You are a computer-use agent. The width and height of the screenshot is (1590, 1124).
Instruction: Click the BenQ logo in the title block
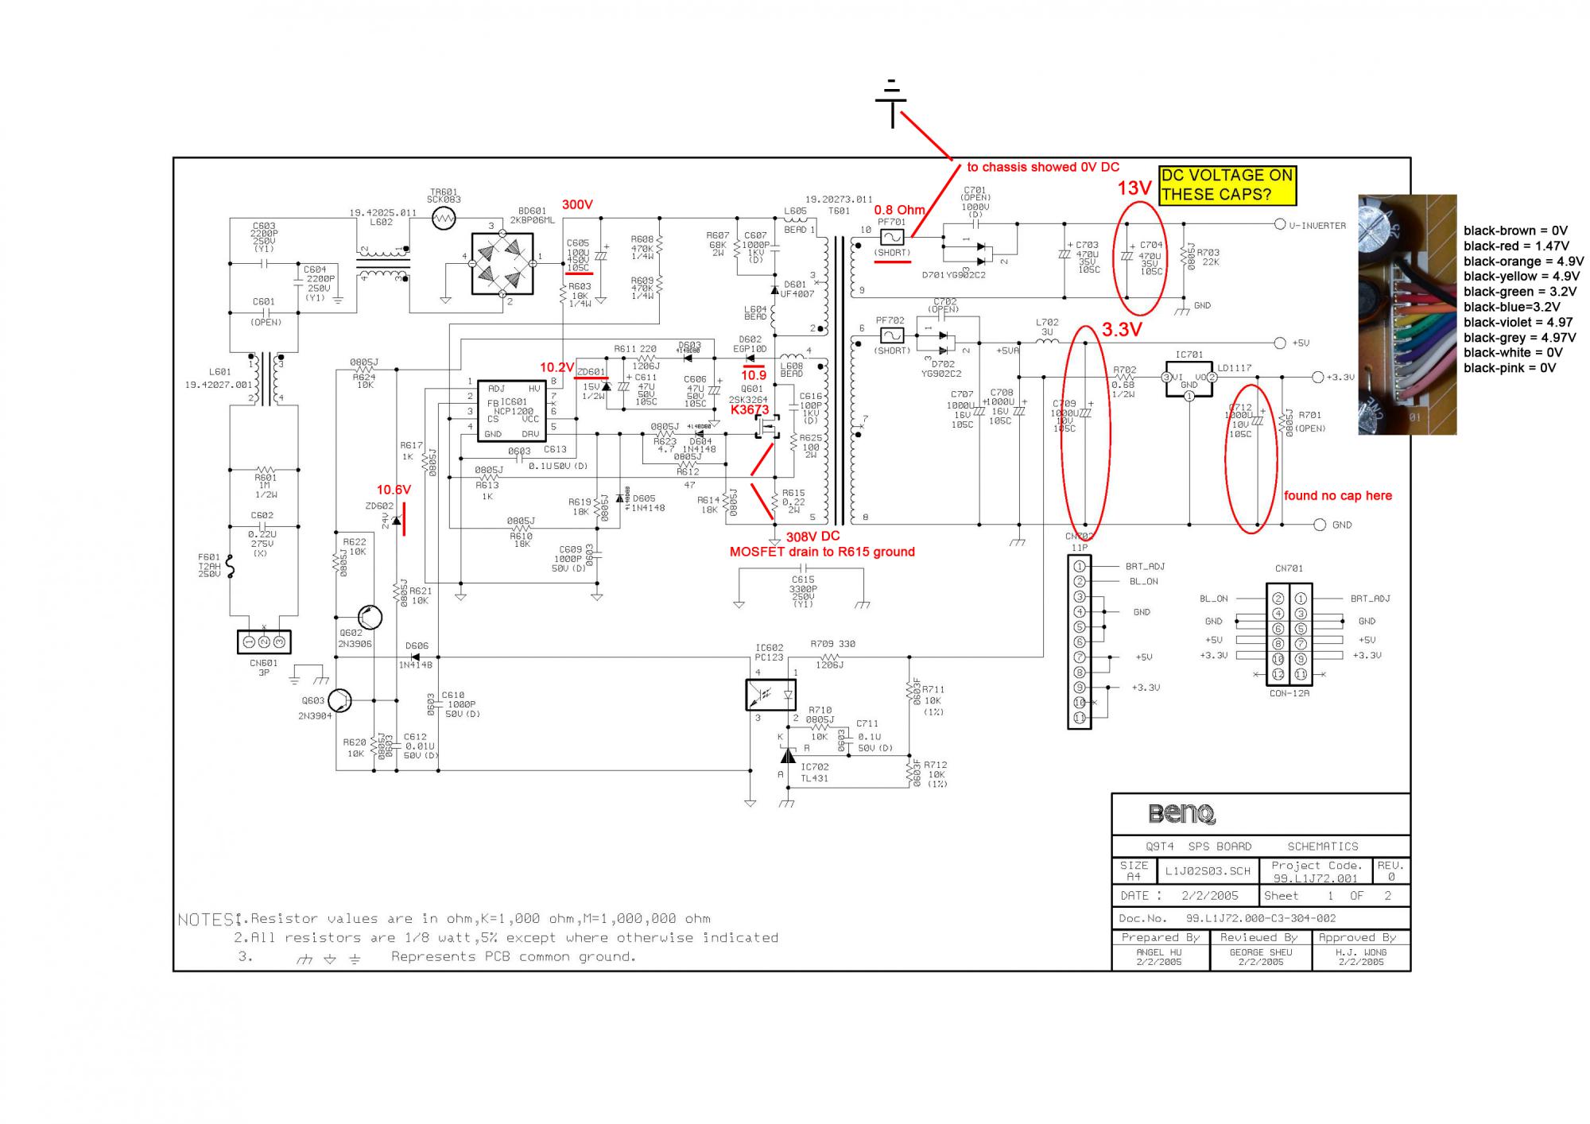(1181, 814)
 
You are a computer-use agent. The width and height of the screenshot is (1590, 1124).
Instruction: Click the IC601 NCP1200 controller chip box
(512, 410)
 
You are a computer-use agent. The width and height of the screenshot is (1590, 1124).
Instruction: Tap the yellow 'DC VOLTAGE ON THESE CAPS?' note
(1227, 185)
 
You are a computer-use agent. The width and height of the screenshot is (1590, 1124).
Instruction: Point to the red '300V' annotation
(577, 204)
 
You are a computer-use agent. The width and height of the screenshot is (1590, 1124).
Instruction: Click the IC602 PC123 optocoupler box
(770, 695)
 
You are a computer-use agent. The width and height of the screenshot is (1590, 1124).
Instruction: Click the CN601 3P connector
(264, 641)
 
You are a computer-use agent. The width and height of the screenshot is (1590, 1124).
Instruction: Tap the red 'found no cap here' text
(1338, 495)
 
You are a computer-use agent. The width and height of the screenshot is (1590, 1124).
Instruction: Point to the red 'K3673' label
(750, 410)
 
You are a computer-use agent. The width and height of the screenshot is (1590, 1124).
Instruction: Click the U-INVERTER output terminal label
(1317, 226)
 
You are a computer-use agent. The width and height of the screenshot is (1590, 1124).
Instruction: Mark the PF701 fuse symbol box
(892, 237)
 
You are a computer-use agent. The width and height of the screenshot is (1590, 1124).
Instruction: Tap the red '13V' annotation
(1134, 188)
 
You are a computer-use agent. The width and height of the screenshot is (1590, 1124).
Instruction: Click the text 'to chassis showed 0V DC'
(1042, 167)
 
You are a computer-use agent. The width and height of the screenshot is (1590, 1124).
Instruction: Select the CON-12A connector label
(1289, 693)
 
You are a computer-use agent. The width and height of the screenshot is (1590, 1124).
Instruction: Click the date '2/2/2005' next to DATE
(1210, 895)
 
